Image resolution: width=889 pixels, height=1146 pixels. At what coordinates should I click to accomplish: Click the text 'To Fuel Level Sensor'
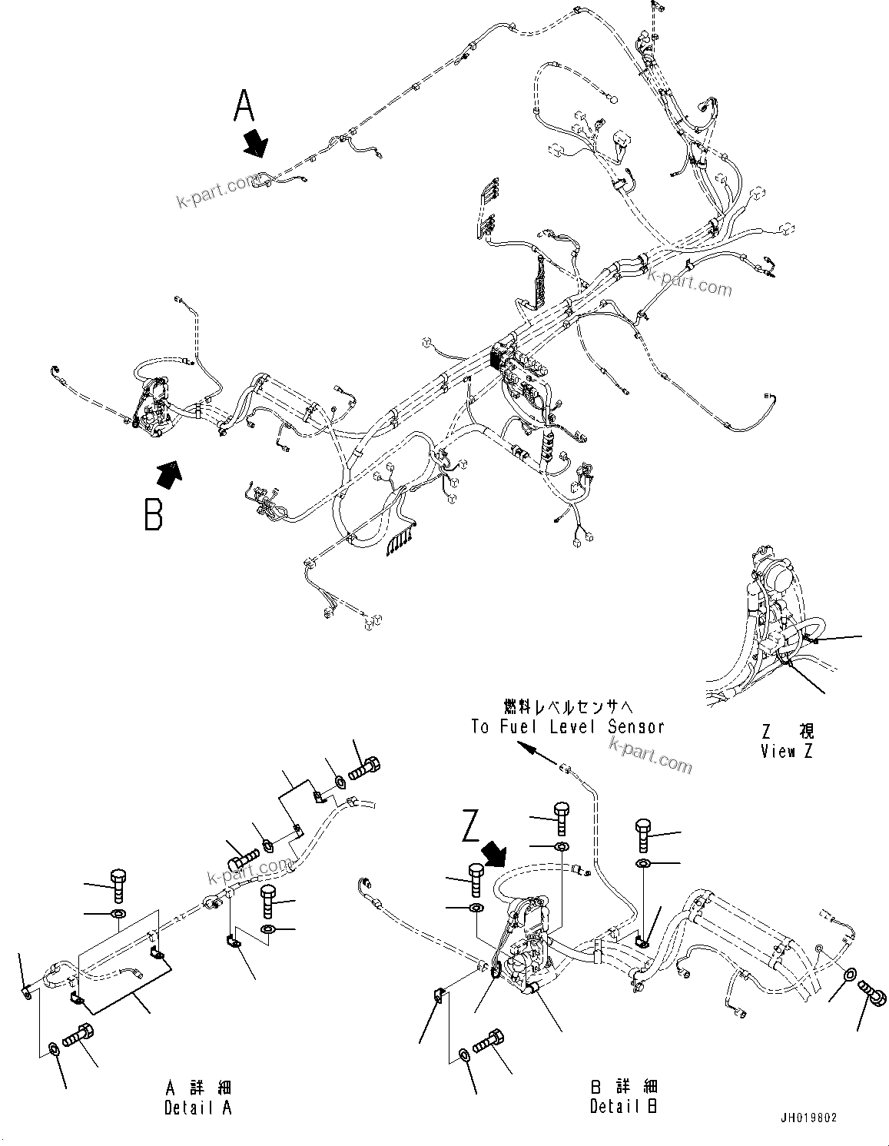(x=567, y=726)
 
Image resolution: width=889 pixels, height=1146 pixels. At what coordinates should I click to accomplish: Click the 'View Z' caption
(x=786, y=752)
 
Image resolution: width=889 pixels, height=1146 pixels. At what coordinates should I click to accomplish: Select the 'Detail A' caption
(x=197, y=1108)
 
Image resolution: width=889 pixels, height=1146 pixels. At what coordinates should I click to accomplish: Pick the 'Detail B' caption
(x=623, y=1107)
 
